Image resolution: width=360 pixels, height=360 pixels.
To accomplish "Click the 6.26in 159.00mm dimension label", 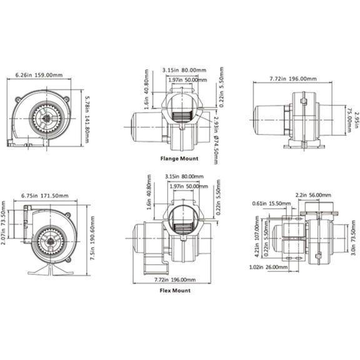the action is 39,75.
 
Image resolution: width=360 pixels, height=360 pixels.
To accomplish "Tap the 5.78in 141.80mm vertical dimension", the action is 87,119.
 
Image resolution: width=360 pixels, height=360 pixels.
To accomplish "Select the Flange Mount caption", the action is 179,158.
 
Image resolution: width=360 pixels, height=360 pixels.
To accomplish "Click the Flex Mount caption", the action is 175,291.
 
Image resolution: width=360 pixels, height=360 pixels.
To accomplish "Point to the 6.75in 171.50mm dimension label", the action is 45,196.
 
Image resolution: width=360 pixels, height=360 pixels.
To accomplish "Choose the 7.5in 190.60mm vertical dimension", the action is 92,238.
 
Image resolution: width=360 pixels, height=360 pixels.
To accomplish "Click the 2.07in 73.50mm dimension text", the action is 3,222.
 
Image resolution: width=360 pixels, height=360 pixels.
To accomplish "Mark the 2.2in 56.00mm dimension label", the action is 313,195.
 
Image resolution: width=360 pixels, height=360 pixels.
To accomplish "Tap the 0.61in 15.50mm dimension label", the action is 271,203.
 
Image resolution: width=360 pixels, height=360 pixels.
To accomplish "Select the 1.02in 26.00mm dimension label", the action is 268,267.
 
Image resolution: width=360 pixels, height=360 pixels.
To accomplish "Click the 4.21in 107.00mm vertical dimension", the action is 257,236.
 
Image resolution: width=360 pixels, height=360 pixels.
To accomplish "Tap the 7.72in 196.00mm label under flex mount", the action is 175,279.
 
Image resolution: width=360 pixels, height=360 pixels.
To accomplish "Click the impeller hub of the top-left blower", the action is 47,119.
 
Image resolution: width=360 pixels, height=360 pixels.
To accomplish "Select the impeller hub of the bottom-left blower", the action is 50,241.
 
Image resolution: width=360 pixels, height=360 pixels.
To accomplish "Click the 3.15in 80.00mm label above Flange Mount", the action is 184,70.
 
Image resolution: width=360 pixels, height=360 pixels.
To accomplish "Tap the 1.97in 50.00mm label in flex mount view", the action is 189,186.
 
